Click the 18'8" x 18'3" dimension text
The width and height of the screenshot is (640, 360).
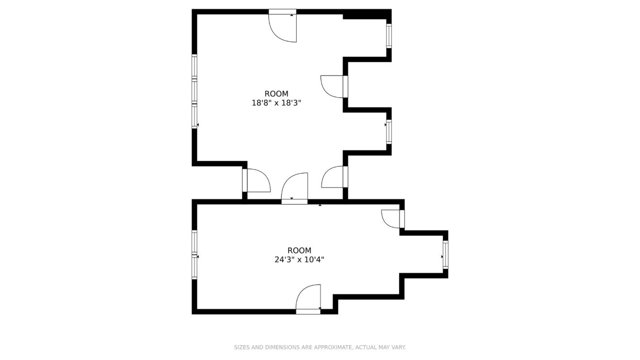(276, 103)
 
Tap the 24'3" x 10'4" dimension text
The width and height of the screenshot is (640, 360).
(299, 260)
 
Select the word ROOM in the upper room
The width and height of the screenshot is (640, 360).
(276, 94)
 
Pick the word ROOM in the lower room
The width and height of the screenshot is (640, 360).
(299, 250)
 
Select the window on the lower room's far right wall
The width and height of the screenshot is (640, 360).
(446, 255)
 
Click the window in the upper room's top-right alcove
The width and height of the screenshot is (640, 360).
(389, 36)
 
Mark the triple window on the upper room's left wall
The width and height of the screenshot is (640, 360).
(194, 92)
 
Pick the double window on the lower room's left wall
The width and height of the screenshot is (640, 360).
(194, 255)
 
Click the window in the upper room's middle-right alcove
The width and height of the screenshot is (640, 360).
(389, 132)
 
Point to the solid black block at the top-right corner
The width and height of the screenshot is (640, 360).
(367, 14)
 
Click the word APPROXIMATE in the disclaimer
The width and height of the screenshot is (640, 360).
(333, 347)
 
